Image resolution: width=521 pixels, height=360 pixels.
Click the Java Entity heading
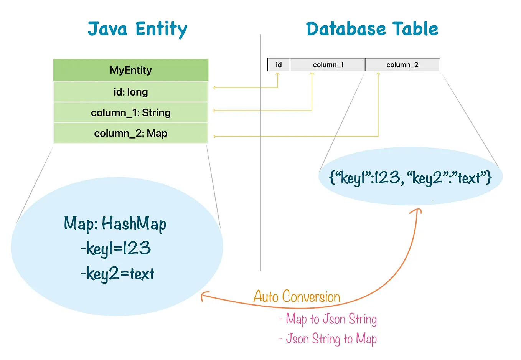pyautogui.click(x=137, y=29)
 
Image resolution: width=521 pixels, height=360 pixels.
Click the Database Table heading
pyautogui.click(x=372, y=29)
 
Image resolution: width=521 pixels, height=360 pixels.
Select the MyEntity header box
pyautogui.click(x=131, y=70)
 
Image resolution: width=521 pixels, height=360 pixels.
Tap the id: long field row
pyautogui.click(x=131, y=92)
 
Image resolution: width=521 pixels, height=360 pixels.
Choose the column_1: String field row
pyautogui.click(x=131, y=113)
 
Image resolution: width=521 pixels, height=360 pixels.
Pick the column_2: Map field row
pyautogui.click(x=131, y=134)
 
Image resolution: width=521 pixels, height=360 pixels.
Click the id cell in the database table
pyautogui.click(x=279, y=65)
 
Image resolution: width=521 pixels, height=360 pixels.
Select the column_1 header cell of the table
pyautogui.click(x=328, y=65)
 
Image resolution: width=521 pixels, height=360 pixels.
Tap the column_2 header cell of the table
pyautogui.click(x=402, y=65)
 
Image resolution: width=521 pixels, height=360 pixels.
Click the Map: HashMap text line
pyautogui.click(x=115, y=224)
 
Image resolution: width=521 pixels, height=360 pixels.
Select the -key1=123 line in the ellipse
pyautogui.click(x=115, y=249)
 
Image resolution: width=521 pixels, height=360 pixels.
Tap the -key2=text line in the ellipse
pyautogui.click(x=117, y=274)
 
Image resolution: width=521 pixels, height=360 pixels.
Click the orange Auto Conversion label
pyautogui.click(x=297, y=297)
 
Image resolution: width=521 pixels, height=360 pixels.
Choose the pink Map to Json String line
pyautogui.click(x=328, y=319)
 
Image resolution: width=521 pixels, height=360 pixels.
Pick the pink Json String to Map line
pyautogui.click(x=328, y=339)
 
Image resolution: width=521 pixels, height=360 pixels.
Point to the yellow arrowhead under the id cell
pyautogui.click(x=278, y=74)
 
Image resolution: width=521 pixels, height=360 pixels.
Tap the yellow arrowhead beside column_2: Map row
pyautogui.click(x=215, y=136)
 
